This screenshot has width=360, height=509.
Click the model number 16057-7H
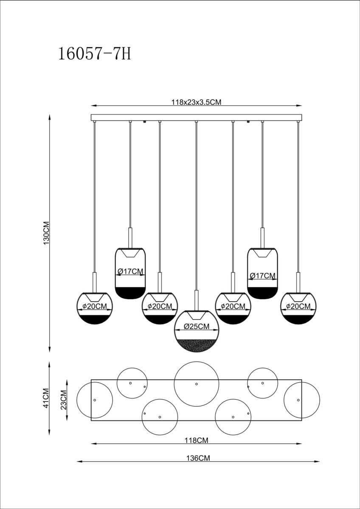coord(95,55)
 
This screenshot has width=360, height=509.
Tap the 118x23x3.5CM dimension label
coord(197,102)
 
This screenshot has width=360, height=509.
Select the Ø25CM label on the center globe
coord(197,327)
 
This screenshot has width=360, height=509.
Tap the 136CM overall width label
coord(198,458)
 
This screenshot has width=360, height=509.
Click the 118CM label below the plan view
coord(197,440)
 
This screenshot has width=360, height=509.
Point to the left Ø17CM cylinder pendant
coord(130,272)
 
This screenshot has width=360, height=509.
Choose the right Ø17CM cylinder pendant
coord(262,272)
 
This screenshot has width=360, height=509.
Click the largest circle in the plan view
coord(197,384)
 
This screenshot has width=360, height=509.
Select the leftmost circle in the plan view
coord(95,400)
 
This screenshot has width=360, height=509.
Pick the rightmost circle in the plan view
coord(301,400)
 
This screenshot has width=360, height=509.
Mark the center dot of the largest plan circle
coord(197,384)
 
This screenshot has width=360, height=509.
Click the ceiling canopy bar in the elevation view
coord(197,117)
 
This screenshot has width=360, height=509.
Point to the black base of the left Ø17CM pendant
coord(130,293)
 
